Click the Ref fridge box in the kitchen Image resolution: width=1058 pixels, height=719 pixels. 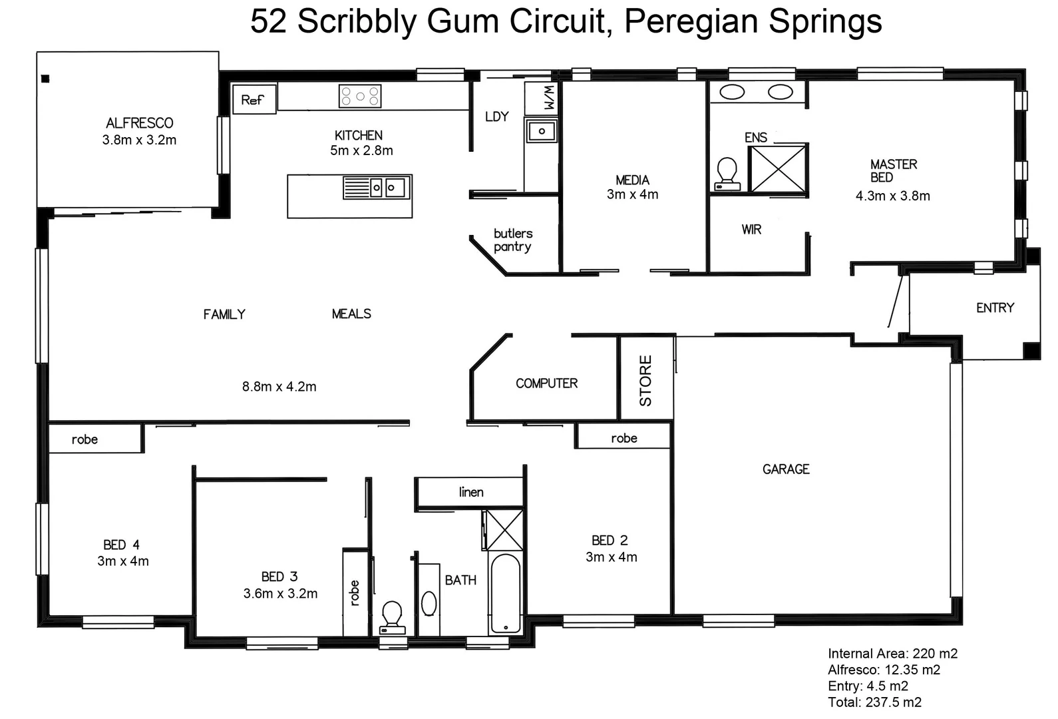[x=253, y=100]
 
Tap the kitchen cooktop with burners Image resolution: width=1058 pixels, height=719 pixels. [x=360, y=96]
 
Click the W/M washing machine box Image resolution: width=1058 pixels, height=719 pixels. [x=542, y=99]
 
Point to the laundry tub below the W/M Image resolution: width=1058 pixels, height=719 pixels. [x=542, y=131]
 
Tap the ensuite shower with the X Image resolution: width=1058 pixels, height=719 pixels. [x=778, y=168]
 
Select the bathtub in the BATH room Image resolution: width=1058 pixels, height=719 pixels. [x=506, y=593]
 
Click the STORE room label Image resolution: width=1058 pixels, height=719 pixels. [x=646, y=380]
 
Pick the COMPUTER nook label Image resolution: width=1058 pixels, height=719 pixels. [x=546, y=383]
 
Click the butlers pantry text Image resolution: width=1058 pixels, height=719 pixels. [x=512, y=240]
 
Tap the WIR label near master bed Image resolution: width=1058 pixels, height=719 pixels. [x=751, y=230]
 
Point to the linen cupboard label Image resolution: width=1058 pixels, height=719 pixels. [x=471, y=493]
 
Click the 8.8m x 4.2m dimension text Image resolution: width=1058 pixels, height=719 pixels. [x=279, y=387]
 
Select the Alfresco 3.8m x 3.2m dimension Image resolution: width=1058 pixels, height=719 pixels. [x=139, y=140]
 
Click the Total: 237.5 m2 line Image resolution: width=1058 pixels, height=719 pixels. [x=874, y=702]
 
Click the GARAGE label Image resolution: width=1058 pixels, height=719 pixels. [x=786, y=469]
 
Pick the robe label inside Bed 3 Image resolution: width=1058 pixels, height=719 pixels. [x=355, y=593]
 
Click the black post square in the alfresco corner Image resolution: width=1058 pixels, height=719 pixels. [x=45, y=79]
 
